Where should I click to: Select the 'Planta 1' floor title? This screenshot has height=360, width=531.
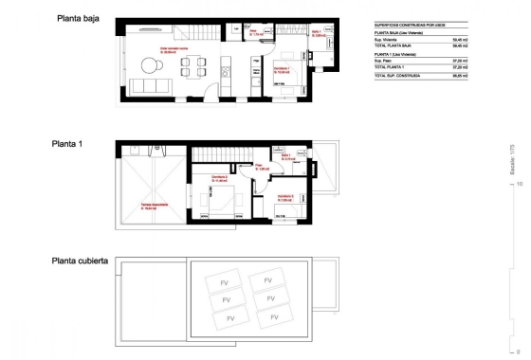[x=68, y=144]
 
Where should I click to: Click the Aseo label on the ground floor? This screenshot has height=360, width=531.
[x=254, y=31]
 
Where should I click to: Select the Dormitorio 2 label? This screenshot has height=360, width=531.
[x=220, y=177]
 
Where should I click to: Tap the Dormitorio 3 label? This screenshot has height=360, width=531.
[x=284, y=198]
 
